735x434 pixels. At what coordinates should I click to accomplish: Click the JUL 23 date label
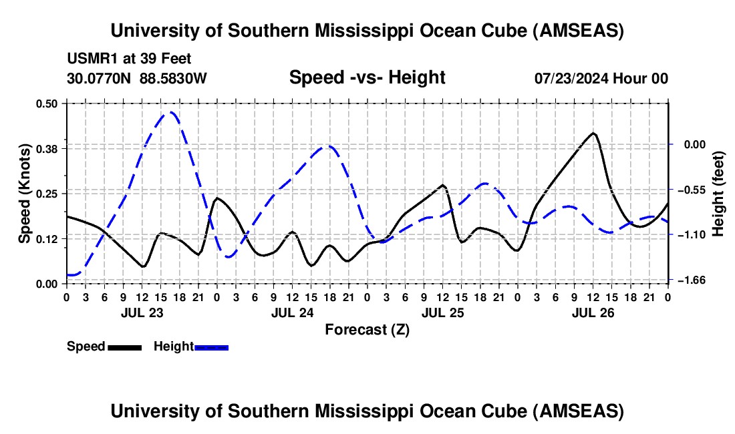(142, 312)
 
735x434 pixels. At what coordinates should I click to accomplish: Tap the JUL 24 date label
(292, 312)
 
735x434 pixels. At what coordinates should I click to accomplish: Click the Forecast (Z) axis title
(367, 329)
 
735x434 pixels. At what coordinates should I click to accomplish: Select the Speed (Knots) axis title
(24, 193)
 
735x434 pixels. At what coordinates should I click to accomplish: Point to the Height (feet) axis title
(718, 193)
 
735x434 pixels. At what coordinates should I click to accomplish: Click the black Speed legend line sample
(124, 347)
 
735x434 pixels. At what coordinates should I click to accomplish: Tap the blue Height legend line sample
(211, 347)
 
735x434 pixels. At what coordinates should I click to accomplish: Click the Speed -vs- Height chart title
(367, 77)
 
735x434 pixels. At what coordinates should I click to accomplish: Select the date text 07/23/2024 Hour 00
(601, 78)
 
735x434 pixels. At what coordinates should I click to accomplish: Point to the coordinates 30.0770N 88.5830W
(137, 78)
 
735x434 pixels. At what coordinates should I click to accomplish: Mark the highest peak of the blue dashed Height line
(171, 112)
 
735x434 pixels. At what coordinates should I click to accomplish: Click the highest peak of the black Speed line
(593, 133)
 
